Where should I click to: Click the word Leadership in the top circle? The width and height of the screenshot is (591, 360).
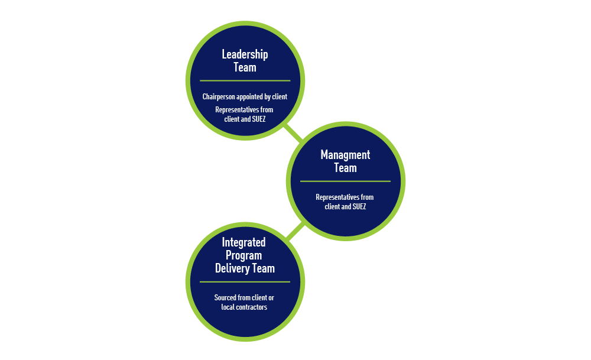[x=245, y=54]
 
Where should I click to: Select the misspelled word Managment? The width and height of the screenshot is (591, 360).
[x=345, y=155]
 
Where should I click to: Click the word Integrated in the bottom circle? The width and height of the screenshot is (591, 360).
[x=243, y=242]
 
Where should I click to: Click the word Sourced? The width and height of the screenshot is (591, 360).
[x=226, y=298]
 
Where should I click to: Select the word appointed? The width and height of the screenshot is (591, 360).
[x=252, y=96]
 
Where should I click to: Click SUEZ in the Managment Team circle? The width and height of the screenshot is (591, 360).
[x=357, y=206]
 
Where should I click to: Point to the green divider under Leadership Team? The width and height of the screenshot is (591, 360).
[x=245, y=80]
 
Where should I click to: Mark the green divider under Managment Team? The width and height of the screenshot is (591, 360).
[x=345, y=181]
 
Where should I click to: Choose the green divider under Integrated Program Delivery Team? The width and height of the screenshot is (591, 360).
[x=245, y=282]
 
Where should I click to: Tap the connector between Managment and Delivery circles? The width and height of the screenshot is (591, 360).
[x=295, y=231]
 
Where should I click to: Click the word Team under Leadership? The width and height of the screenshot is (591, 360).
[x=245, y=67]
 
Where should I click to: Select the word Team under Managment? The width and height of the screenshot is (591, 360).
[x=345, y=168]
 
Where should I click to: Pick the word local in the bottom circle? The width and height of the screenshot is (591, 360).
[x=228, y=307]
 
